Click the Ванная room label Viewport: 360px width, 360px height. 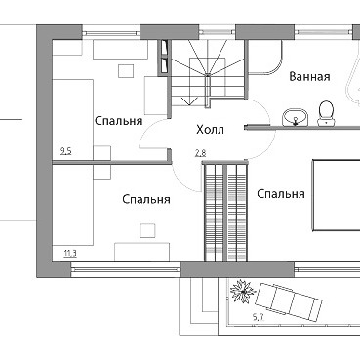click(x=309, y=77)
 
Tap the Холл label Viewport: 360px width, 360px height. click(x=210, y=130)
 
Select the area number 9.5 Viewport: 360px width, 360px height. click(x=65, y=151)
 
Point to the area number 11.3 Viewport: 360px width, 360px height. click(x=70, y=253)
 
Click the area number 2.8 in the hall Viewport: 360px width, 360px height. click(x=200, y=153)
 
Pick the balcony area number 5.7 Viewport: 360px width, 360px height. click(x=258, y=317)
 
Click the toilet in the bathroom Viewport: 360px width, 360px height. click(x=326, y=113)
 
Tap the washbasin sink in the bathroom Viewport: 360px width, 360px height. click(x=296, y=117)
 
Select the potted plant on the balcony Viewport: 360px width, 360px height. click(x=243, y=291)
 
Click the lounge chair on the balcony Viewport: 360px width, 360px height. click(x=289, y=302)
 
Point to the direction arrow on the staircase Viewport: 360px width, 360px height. click(x=187, y=100)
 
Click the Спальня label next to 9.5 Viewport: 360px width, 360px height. click(x=119, y=121)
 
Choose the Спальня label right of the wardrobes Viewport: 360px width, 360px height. click(x=281, y=194)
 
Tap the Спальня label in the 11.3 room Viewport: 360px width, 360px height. click(x=146, y=199)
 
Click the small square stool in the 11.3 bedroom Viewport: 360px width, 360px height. click(x=147, y=230)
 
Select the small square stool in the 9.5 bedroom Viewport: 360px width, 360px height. click(x=126, y=71)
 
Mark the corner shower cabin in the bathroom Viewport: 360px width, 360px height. click(x=265, y=57)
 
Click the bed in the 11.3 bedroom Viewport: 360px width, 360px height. click(x=73, y=205)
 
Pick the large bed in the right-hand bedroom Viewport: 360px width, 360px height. click(x=336, y=195)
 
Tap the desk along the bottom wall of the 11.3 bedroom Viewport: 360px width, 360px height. click(x=142, y=252)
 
